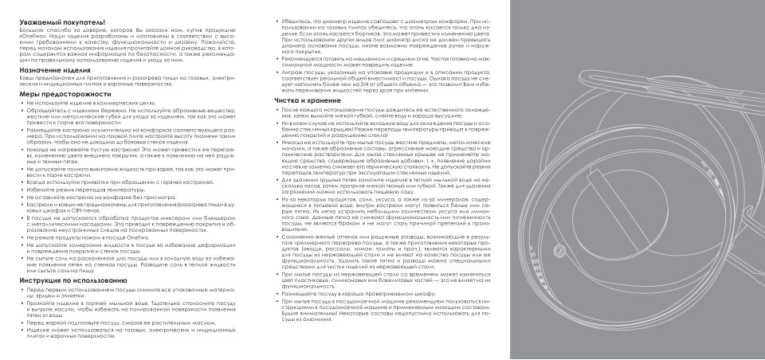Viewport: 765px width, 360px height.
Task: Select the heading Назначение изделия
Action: point(49,69)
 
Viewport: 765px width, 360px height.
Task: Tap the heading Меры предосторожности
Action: point(57,94)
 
